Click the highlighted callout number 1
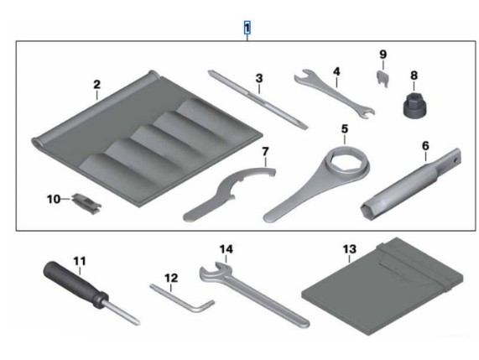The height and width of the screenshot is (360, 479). [247, 28]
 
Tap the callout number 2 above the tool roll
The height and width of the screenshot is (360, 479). [96, 85]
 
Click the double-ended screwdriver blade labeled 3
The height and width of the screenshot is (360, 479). [258, 100]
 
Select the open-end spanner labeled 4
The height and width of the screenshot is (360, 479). [335, 94]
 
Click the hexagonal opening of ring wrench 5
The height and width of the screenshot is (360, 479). [347, 160]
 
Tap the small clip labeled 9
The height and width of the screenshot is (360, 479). [383, 79]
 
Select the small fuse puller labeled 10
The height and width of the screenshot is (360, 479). [86, 204]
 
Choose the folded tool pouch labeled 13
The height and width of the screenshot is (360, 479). [382, 287]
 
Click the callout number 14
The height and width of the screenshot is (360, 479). [226, 249]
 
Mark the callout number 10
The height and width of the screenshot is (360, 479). [54, 199]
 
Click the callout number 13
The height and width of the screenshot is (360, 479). [350, 249]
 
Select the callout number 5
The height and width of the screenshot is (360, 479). [345, 129]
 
